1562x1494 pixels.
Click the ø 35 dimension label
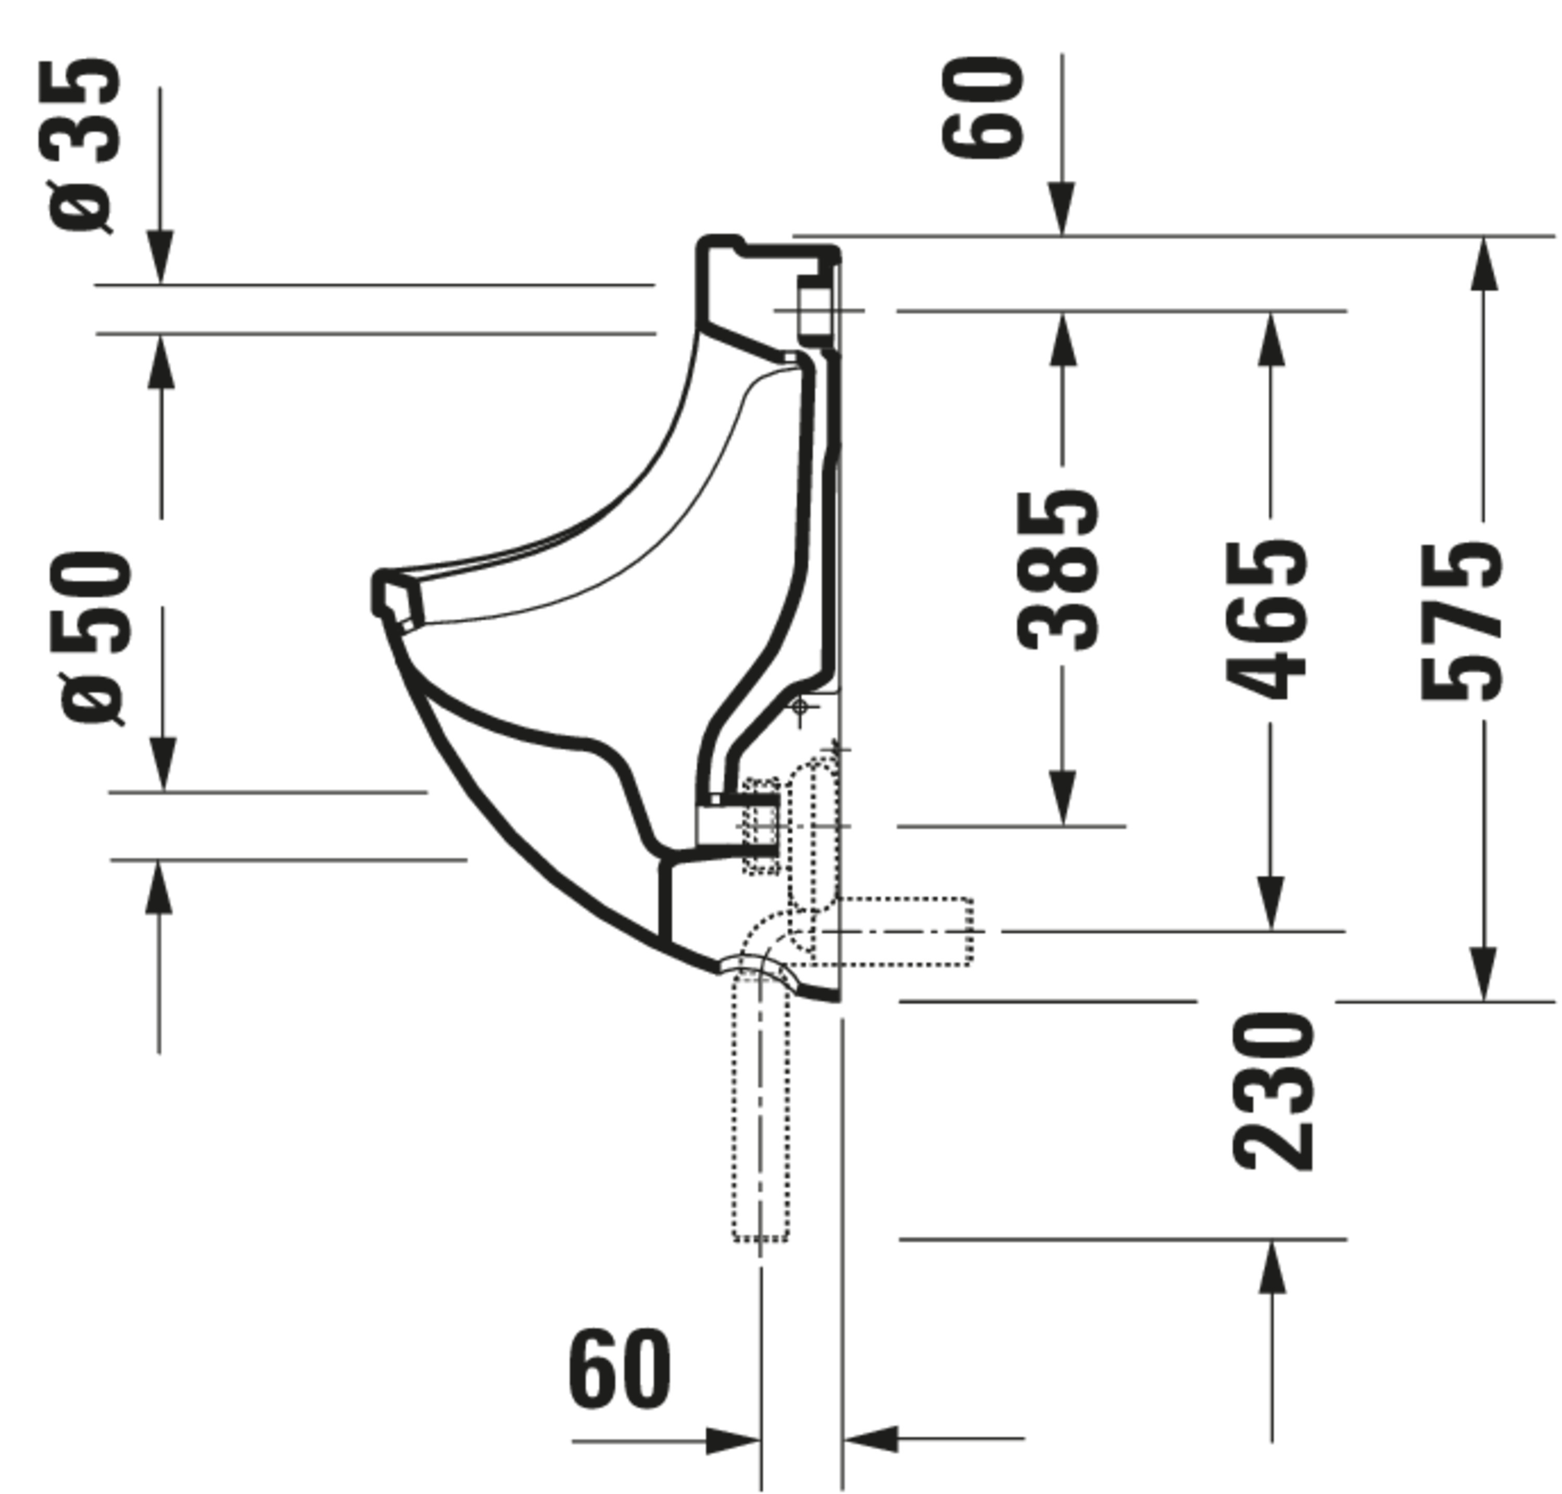point(84,146)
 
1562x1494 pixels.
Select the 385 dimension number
point(1057,571)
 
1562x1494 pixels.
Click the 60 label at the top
point(981,107)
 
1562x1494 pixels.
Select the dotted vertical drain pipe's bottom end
point(760,1237)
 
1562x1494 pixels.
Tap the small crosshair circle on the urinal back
point(801,707)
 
